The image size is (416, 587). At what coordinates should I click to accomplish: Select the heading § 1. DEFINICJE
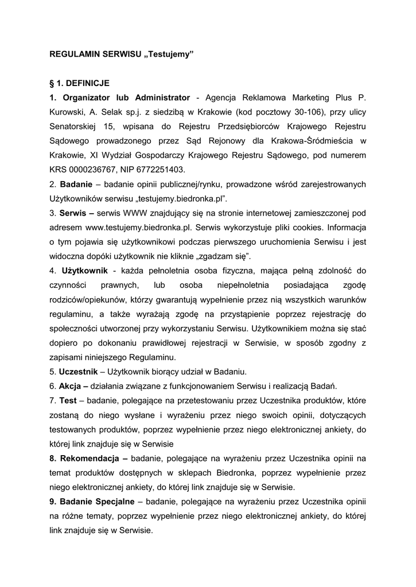click(79, 83)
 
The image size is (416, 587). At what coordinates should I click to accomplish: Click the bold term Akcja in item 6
click(72, 385)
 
